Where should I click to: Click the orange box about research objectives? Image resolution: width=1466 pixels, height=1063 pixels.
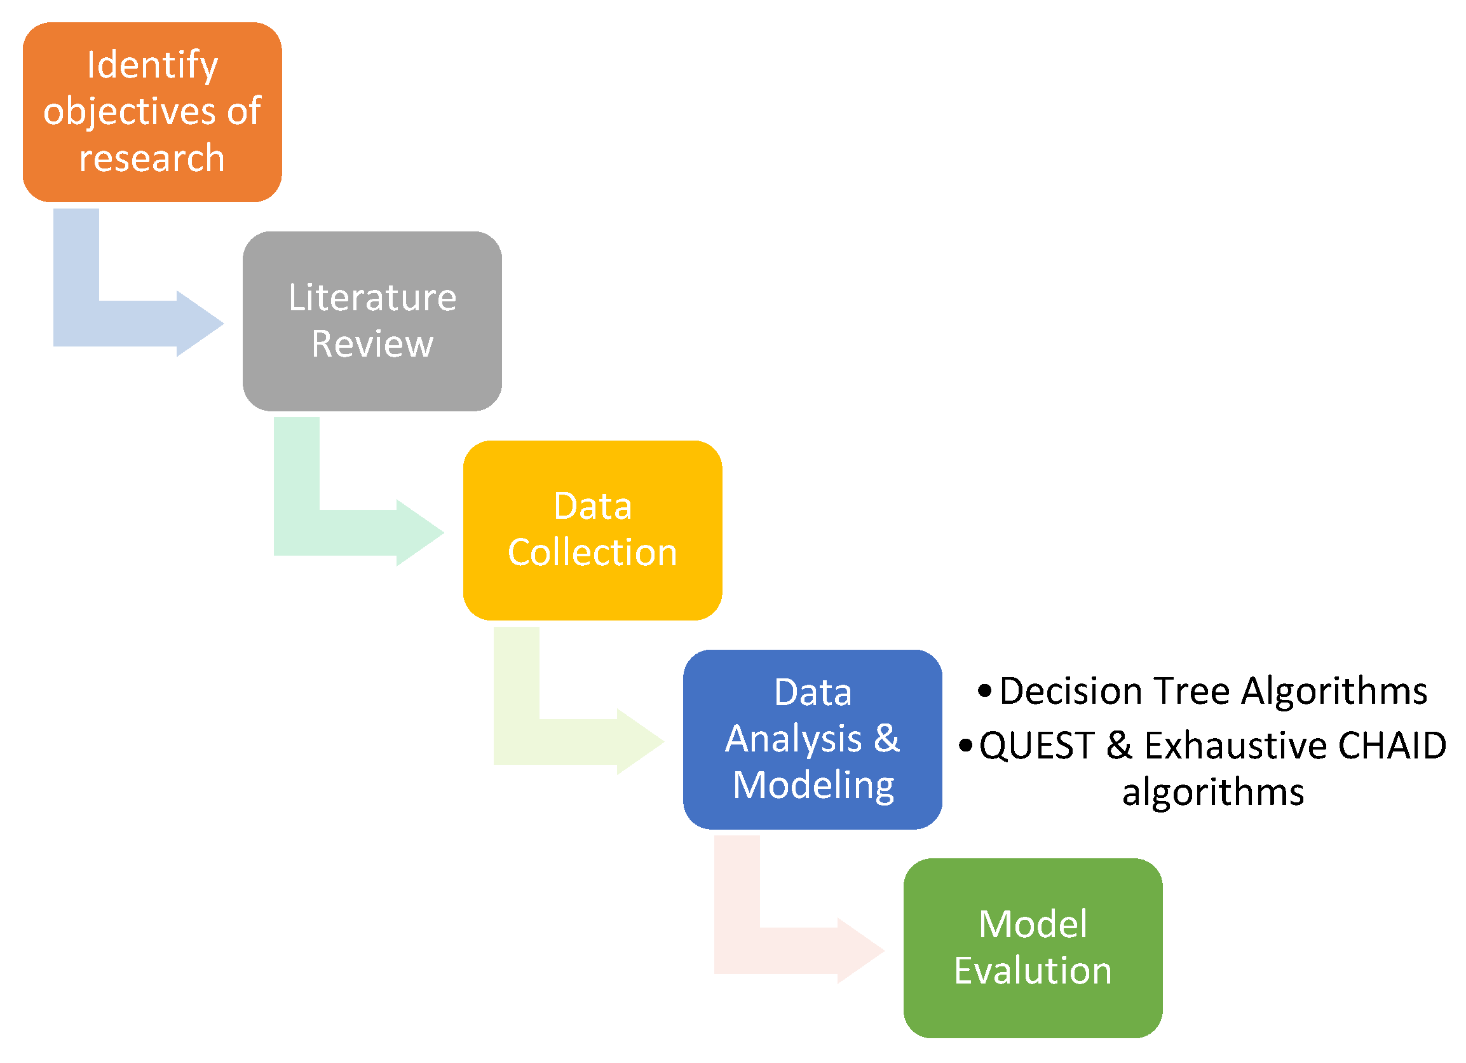[x=152, y=113]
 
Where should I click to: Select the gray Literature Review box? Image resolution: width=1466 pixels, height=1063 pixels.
[x=372, y=321]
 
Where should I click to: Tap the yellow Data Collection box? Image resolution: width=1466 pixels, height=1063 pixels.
[x=593, y=531]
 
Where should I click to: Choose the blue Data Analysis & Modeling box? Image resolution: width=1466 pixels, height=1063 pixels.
[x=813, y=739]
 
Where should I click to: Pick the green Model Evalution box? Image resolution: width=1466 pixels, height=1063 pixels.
[x=1033, y=949]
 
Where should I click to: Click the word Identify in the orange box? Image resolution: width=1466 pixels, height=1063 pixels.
[x=153, y=66]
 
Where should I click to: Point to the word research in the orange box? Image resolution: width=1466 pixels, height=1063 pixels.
[x=152, y=158]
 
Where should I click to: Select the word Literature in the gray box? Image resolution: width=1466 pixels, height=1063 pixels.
[x=372, y=298]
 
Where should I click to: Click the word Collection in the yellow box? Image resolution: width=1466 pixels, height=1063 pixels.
[x=593, y=552]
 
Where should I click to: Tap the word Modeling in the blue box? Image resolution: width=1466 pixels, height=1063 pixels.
[x=813, y=786]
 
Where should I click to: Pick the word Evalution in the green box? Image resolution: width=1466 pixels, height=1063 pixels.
[x=1033, y=971]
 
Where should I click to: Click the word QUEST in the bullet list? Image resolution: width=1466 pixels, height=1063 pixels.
[x=1037, y=746]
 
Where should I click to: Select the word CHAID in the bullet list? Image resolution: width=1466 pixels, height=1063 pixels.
[x=1392, y=746]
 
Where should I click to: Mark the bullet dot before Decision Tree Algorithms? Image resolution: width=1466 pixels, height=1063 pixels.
[x=984, y=691]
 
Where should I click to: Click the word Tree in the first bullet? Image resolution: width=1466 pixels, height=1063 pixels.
[x=1192, y=691]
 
